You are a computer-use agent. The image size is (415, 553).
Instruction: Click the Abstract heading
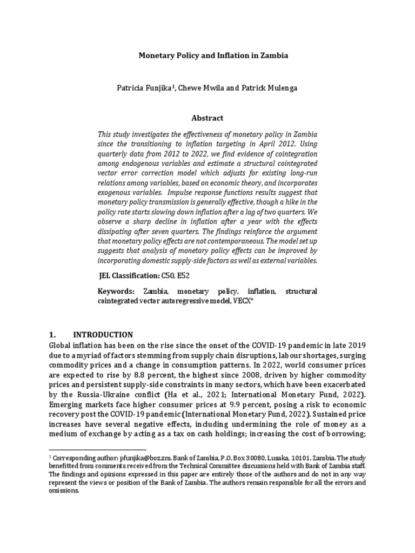pyautogui.click(x=207, y=118)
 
